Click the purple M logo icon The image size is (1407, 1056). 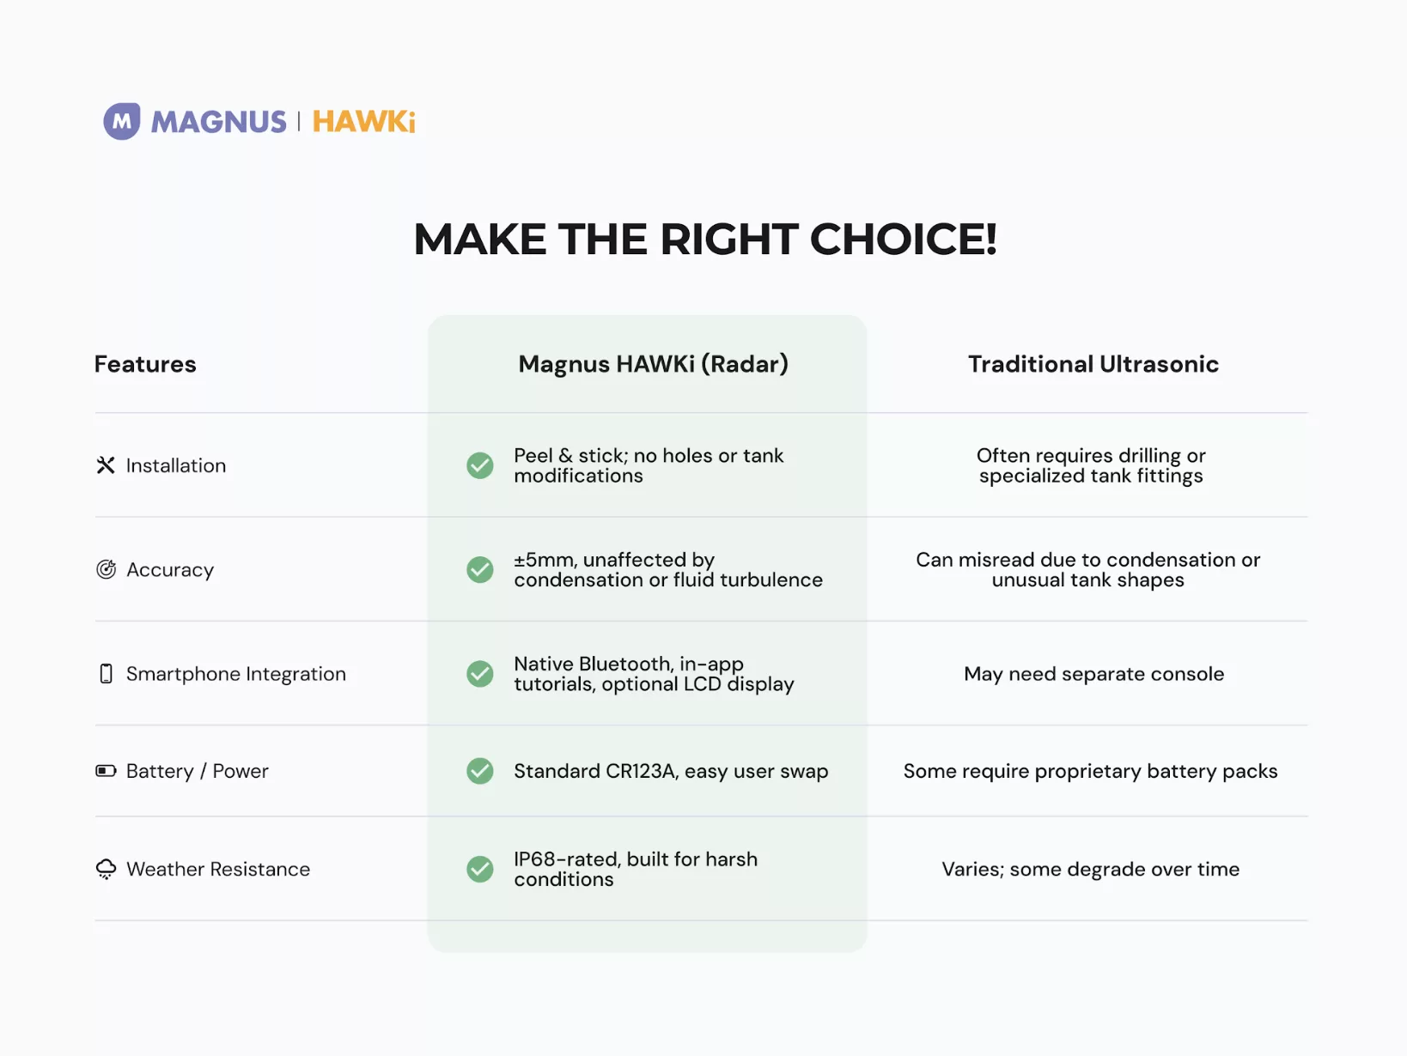coord(122,121)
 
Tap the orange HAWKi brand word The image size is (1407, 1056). coord(363,122)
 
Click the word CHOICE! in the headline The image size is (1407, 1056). coord(903,239)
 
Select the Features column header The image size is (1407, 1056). coord(145,364)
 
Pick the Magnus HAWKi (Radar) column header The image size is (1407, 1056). coord(653,364)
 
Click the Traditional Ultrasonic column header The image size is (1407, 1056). coord(1093,364)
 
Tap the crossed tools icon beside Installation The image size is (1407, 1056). coord(106,465)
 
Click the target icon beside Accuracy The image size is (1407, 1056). coord(106,568)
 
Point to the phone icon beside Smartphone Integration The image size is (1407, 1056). coord(106,674)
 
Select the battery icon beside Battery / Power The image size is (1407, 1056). coord(106,770)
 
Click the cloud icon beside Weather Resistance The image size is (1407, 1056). coord(106,869)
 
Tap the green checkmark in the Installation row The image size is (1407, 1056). coord(479,465)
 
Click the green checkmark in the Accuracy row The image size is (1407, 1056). coord(479,569)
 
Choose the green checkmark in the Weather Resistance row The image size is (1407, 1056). coord(479,869)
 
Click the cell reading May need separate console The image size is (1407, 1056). coord(1093,674)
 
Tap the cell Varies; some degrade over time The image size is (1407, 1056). coord(1090,869)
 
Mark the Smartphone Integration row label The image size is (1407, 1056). coord(236,674)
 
